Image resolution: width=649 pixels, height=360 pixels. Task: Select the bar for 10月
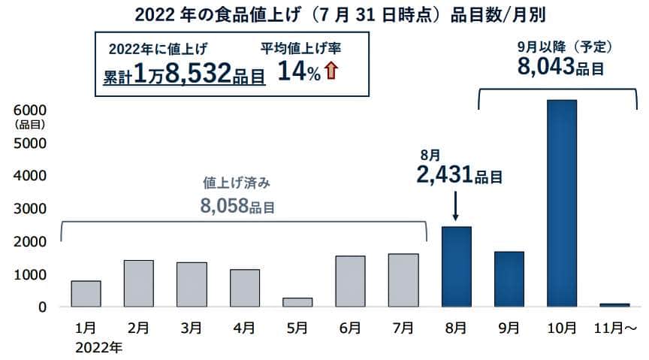click(x=562, y=203)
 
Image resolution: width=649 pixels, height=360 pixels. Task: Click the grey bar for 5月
click(x=297, y=302)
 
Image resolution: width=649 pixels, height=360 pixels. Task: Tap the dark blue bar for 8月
click(x=457, y=267)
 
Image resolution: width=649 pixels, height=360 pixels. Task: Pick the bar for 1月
click(x=86, y=294)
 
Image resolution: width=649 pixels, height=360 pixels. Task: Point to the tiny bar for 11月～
click(x=614, y=304)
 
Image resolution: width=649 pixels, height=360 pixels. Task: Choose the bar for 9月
click(x=509, y=279)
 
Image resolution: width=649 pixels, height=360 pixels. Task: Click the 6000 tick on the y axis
click(x=31, y=110)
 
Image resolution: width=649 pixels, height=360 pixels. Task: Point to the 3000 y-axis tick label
click(x=31, y=208)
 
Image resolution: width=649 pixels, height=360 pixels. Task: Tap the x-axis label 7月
click(x=403, y=328)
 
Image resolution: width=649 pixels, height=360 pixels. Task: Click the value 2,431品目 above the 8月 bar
click(x=458, y=177)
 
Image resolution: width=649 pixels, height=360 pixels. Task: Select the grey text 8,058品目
click(x=237, y=204)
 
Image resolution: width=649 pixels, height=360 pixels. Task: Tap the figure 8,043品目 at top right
click(x=561, y=67)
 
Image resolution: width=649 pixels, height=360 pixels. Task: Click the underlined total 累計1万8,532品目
click(x=184, y=75)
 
